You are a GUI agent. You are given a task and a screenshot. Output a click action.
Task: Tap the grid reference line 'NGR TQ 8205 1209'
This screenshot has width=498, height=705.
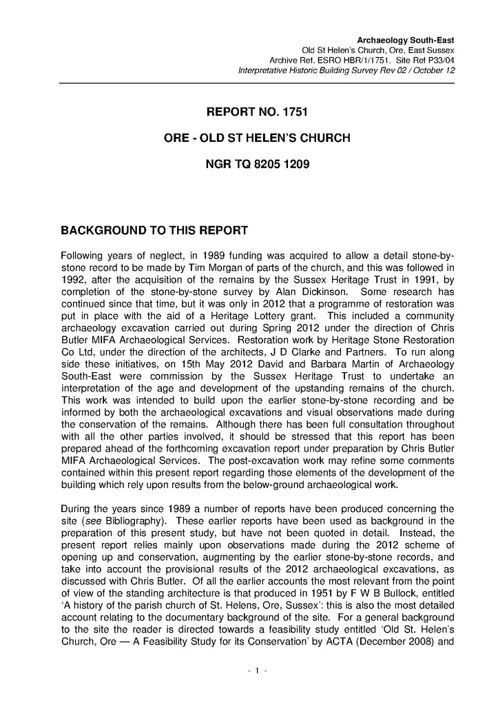coord(257,165)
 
